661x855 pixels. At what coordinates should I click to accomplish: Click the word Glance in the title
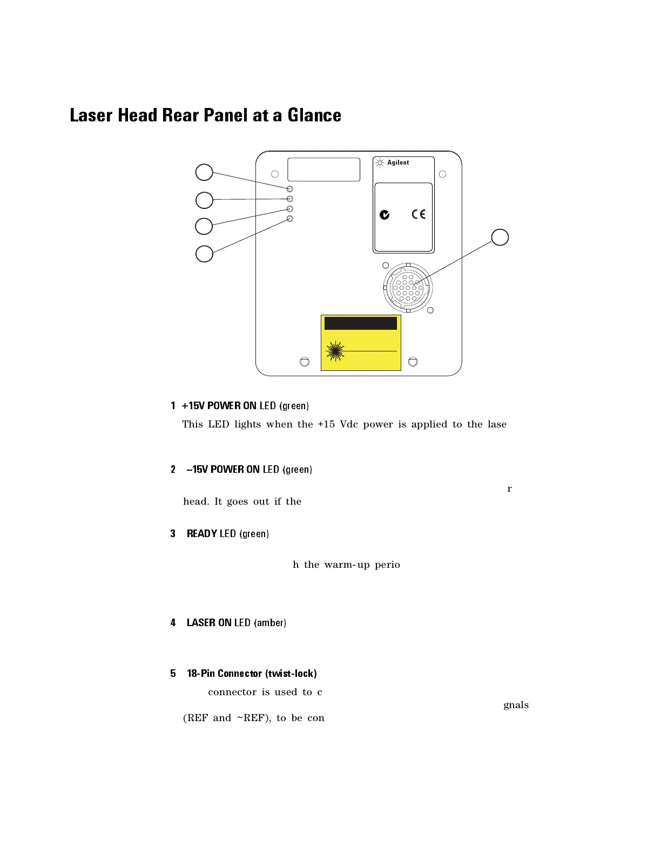click(314, 116)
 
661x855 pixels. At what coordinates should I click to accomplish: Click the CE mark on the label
click(419, 214)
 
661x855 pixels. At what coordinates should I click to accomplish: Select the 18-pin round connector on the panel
click(408, 288)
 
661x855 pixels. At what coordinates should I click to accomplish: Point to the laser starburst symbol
click(335, 351)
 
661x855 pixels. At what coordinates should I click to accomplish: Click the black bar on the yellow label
click(361, 323)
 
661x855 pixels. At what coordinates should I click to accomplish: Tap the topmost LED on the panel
click(290, 189)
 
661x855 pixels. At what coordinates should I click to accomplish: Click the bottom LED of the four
click(290, 219)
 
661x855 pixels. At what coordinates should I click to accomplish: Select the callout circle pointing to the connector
click(500, 237)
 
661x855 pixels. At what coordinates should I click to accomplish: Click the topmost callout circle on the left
click(204, 172)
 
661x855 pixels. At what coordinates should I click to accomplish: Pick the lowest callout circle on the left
click(204, 254)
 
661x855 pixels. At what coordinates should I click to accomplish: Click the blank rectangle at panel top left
click(323, 169)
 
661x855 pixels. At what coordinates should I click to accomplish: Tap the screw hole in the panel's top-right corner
click(443, 174)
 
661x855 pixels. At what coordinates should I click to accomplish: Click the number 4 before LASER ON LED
click(173, 623)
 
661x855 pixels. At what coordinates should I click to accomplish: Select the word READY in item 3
click(202, 534)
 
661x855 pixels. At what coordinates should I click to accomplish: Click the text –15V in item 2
click(197, 470)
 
